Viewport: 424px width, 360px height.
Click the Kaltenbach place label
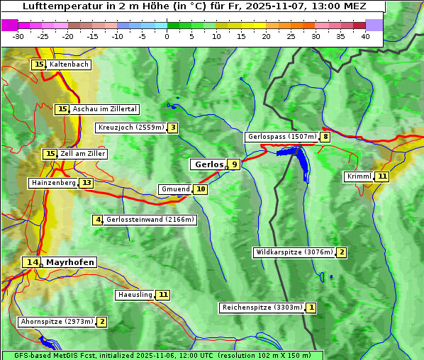[x=69, y=64]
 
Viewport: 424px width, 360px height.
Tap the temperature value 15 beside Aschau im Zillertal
[x=62, y=109]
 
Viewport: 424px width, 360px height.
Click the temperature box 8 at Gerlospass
[x=325, y=137]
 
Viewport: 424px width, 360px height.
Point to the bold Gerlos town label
[x=208, y=164]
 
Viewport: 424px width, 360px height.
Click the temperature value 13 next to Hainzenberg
[x=87, y=183]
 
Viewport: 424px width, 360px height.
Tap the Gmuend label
[x=175, y=189]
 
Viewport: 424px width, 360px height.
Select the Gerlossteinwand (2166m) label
[x=150, y=220]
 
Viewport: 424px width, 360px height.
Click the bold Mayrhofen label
[x=69, y=262]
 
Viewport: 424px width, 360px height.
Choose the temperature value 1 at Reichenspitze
[x=311, y=308]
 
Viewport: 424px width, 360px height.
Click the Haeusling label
[x=135, y=294]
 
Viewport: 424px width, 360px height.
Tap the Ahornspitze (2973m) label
[x=57, y=322]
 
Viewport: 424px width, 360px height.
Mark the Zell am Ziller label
[x=83, y=154]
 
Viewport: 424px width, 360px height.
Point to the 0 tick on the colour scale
[x=167, y=36]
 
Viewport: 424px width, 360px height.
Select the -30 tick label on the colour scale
[x=18, y=36]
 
